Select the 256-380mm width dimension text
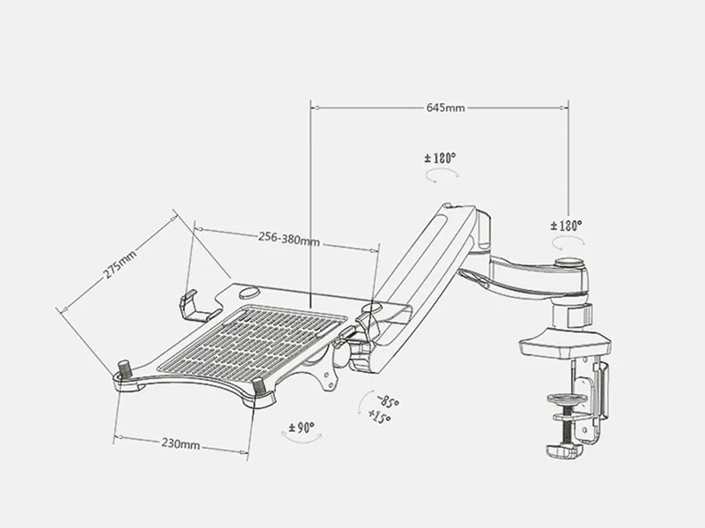coord(288,237)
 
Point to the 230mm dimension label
coord(180,443)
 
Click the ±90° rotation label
coord(301,428)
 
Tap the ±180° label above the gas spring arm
coord(440,158)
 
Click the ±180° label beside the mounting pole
coord(567,226)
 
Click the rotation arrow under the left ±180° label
coord(440,176)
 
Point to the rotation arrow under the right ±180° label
coord(565,242)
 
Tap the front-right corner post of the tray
coord(259,386)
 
